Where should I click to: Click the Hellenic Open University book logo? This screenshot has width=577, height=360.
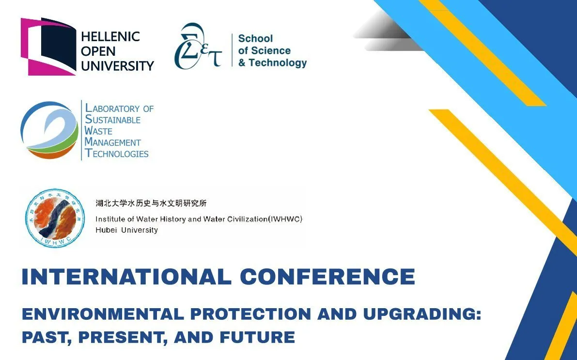coord(48,47)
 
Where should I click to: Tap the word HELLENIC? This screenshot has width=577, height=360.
coord(110,36)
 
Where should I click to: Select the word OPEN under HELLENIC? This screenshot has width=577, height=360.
coord(98,51)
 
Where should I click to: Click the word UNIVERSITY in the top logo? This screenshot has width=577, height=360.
coord(117,66)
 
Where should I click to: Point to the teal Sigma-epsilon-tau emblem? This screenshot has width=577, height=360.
coord(198,46)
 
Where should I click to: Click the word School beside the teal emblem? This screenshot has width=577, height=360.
coord(255,38)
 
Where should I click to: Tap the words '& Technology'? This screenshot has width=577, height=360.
coord(272,63)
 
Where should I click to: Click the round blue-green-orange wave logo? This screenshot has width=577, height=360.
coord(49,130)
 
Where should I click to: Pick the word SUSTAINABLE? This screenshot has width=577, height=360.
coord(112,120)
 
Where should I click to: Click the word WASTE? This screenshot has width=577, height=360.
coord(98,131)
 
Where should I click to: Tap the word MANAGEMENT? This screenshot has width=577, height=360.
coord(112,142)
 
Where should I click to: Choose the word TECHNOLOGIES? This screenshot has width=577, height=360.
coord(117,154)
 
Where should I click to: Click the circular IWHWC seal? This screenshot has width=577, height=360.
coord(55,218)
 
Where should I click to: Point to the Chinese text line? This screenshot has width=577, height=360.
coord(151,203)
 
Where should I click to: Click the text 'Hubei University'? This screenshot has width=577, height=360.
coord(126,230)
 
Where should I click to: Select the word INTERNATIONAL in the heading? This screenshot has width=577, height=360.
coord(126,277)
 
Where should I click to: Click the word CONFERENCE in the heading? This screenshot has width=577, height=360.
coord(328,277)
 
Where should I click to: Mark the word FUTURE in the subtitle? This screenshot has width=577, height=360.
coord(258,337)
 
